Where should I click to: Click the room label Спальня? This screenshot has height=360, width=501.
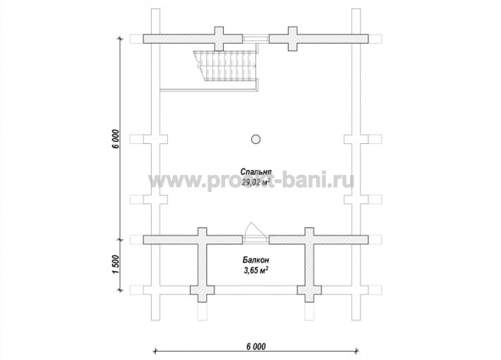click(x=256, y=171)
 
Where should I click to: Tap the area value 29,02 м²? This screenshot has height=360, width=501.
click(x=255, y=183)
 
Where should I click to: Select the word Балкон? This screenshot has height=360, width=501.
click(x=255, y=259)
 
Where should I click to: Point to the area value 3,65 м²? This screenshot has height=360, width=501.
click(x=256, y=271)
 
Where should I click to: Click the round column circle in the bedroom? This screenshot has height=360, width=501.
click(x=255, y=139)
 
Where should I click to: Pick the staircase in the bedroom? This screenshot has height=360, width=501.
click(x=227, y=66)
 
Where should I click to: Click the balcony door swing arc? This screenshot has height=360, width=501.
click(x=255, y=229)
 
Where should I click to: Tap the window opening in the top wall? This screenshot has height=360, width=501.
click(x=255, y=39)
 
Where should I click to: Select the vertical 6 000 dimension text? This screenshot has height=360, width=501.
click(x=116, y=139)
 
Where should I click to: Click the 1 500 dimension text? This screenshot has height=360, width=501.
click(x=116, y=265)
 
